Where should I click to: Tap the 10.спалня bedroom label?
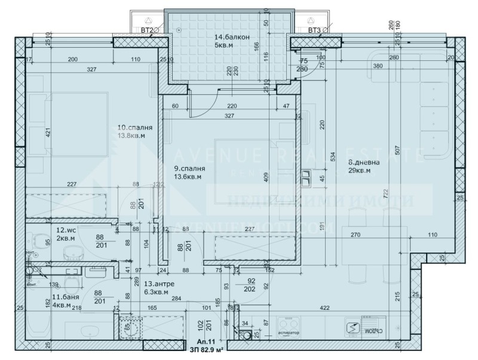click(134, 128)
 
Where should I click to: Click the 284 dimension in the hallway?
click(176, 299)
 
